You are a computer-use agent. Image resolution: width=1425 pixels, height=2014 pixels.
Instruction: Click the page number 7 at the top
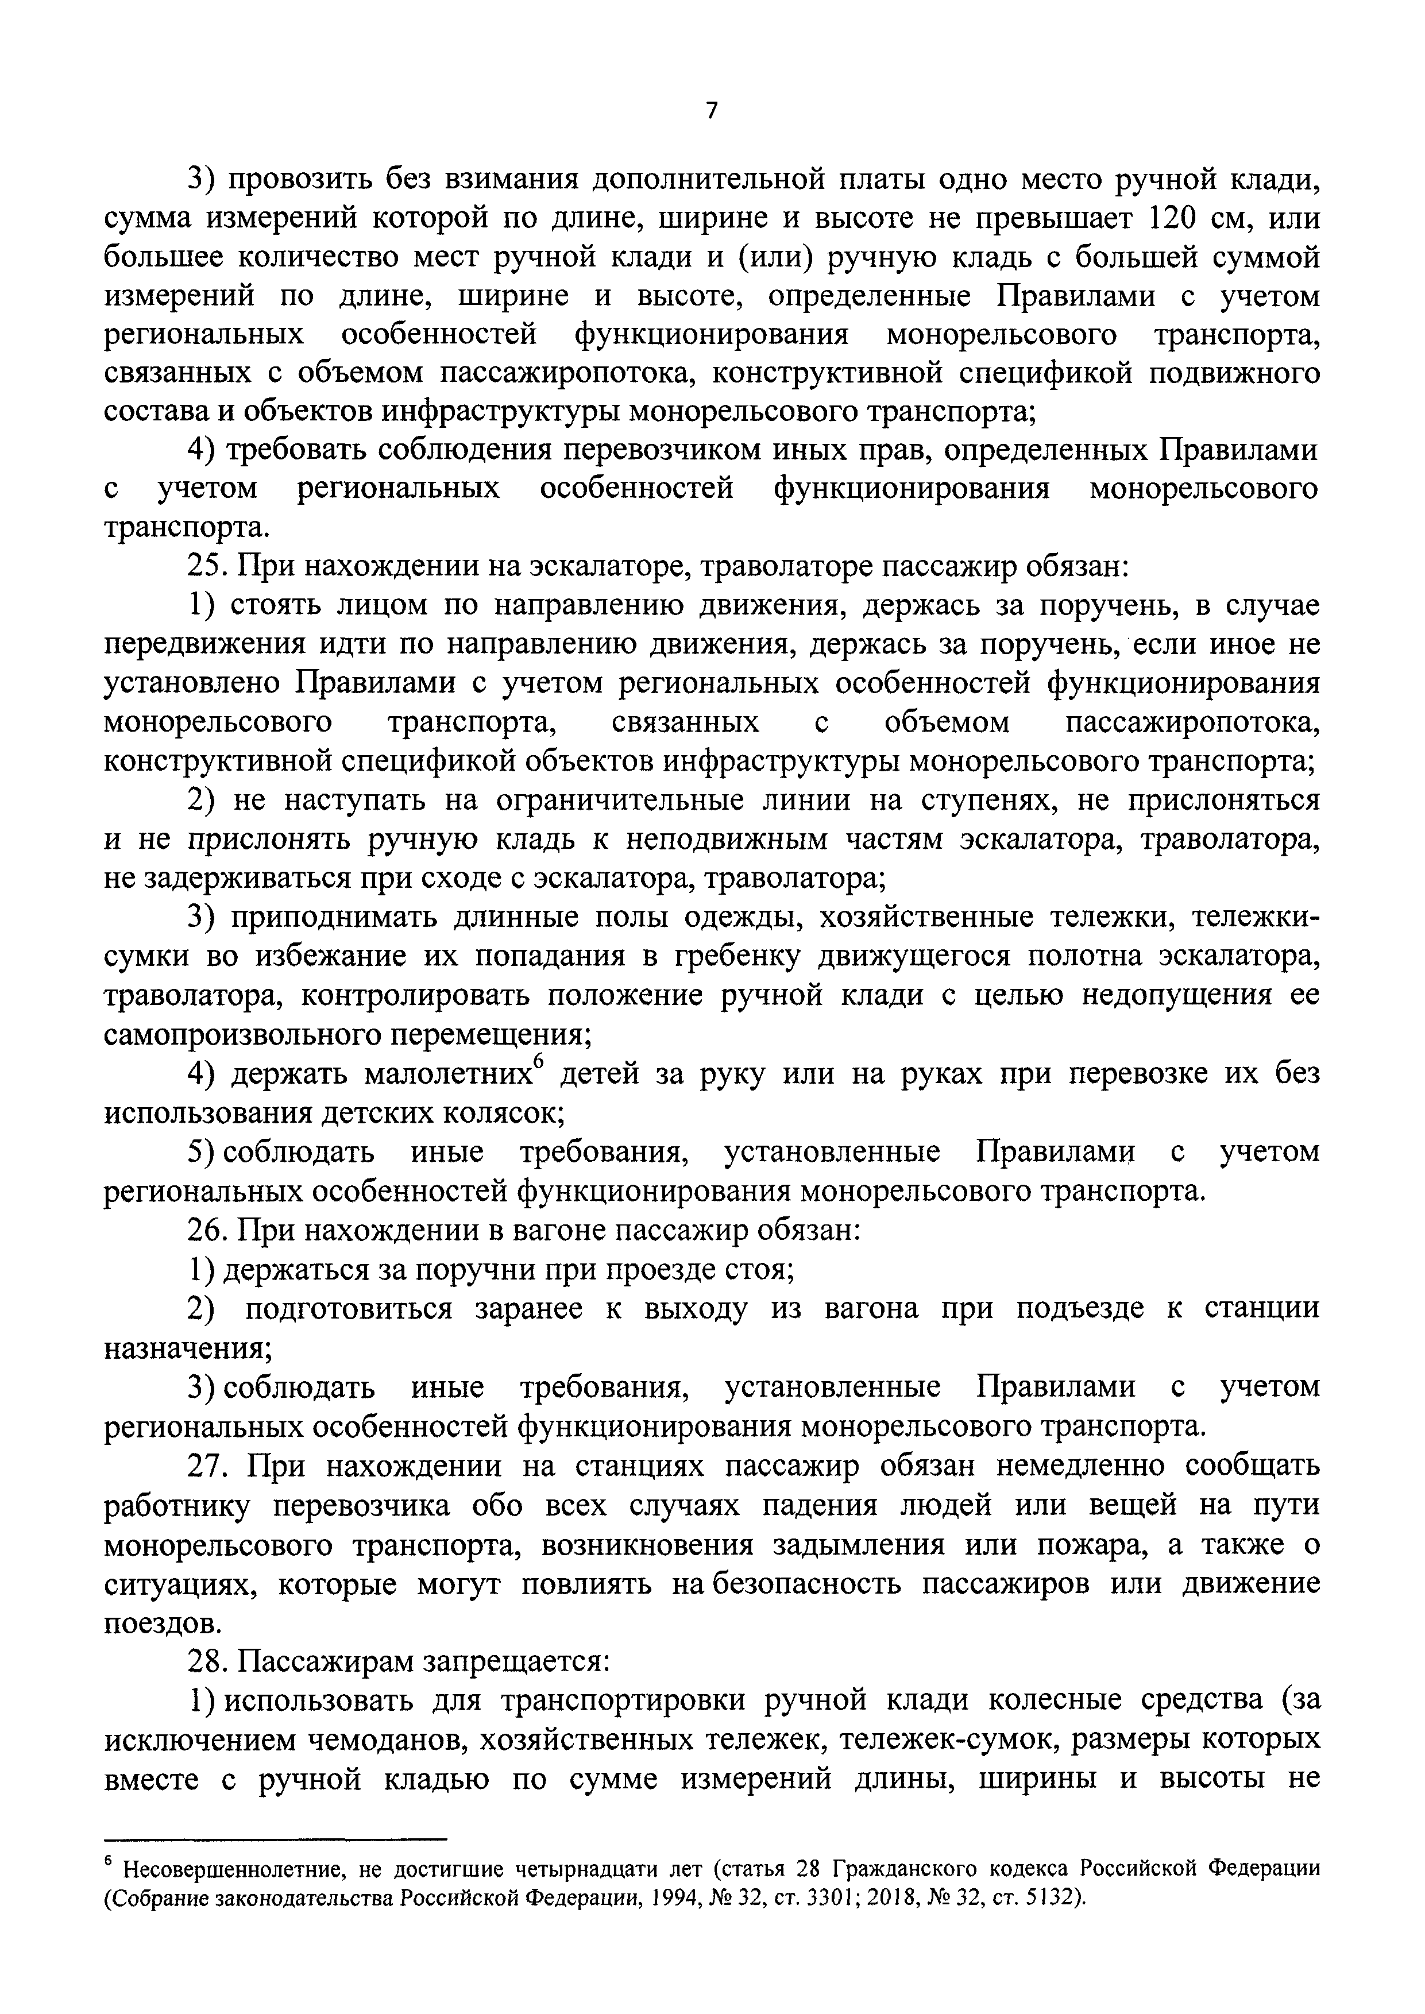pyautogui.click(x=712, y=110)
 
